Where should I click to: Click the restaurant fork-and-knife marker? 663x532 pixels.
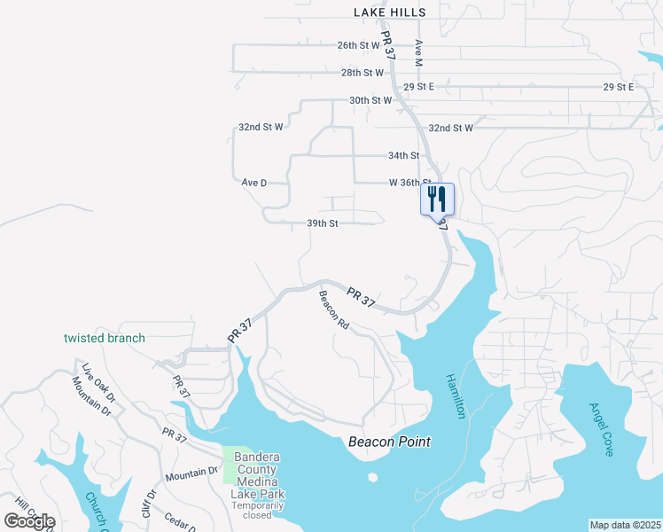(x=437, y=199)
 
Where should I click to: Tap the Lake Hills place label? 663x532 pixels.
(x=389, y=12)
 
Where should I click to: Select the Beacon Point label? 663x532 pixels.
(x=389, y=442)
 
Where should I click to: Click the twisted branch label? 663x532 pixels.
(x=105, y=338)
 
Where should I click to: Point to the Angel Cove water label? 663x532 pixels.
(x=608, y=430)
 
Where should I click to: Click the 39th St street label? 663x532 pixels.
(x=323, y=223)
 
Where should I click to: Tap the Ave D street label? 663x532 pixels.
(x=254, y=183)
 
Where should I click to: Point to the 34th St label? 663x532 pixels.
(x=403, y=155)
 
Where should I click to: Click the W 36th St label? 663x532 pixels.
(x=409, y=183)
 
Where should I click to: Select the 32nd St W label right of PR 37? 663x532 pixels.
(x=451, y=128)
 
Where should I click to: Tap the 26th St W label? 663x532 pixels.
(x=358, y=44)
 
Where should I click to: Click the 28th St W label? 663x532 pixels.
(x=363, y=73)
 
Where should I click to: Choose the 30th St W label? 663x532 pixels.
(x=370, y=100)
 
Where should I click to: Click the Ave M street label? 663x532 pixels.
(x=418, y=53)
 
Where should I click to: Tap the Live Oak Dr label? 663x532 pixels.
(x=98, y=379)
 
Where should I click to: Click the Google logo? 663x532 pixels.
(x=29, y=521)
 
